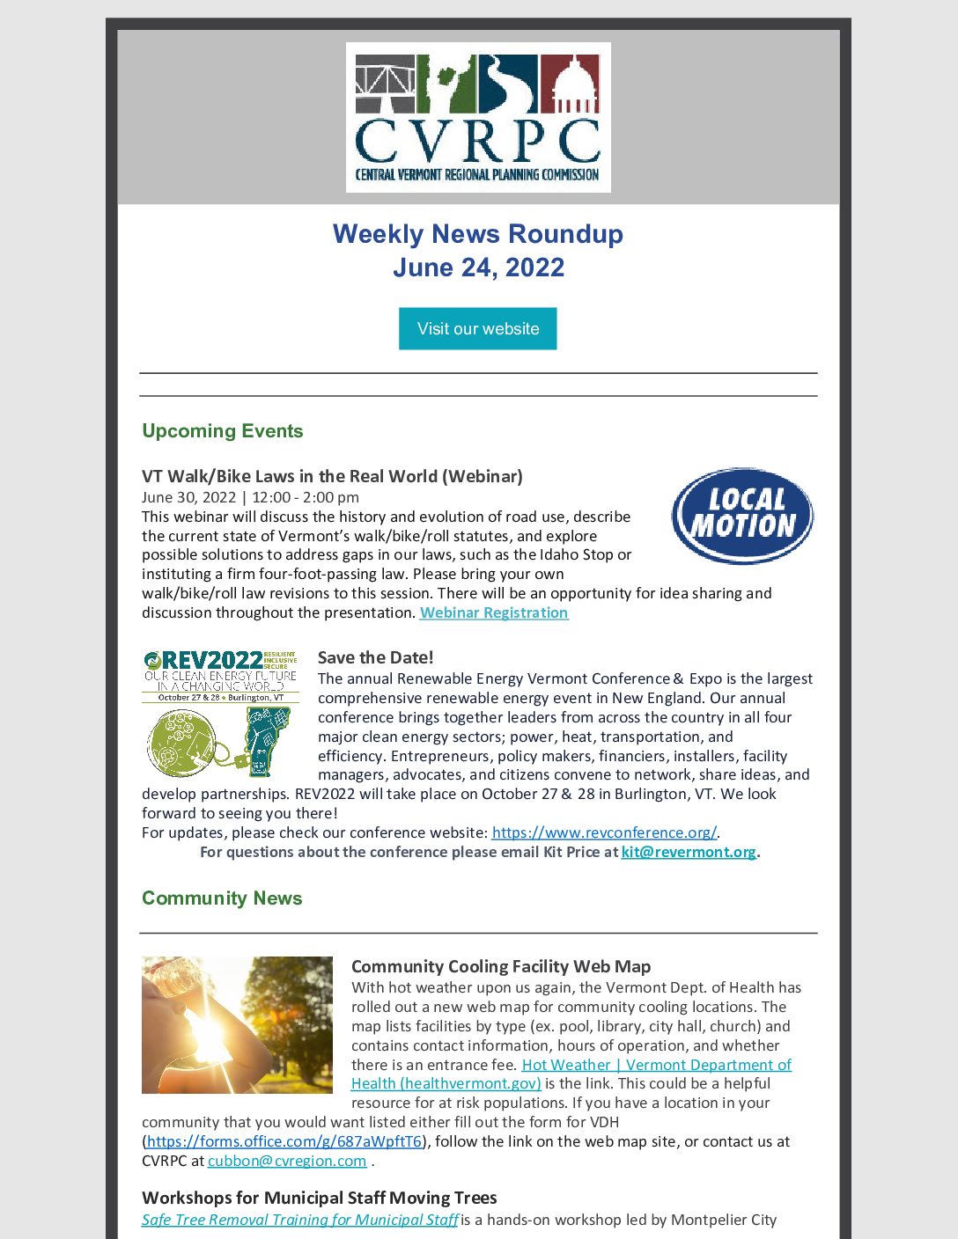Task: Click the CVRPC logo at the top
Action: pyautogui.click(x=478, y=117)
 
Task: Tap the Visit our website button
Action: pyautogui.click(x=478, y=329)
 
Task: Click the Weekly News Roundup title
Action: pyautogui.click(x=478, y=234)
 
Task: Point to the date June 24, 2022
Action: pyautogui.click(x=478, y=268)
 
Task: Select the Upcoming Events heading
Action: pyautogui.click(x=223, y=431)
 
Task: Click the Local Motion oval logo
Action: pyautogui.click(x=742, y=516)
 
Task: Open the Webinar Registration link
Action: pyautogui.click(x=494, y=612)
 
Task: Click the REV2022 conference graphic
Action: pyautogui.click(x=221, y=713)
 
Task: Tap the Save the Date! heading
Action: pyautogui.click(x=375, y=657)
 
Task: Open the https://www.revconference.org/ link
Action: pyautogui.click(x=604, y=832)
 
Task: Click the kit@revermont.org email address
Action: pyautogui.click(x=689, y=852)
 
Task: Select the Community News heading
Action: pyautogui.click(x=222, y=898)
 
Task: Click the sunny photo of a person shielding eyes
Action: pyautogui.click(x=238, y=1025)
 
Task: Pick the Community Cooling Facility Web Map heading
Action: pyautogui.click(x=501, y=966)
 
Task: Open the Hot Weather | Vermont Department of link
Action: pyautogui.click(x=656, y=1065)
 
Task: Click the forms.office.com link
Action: pyautogui.click(x=284, y=1141)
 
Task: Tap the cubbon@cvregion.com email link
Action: pyautogui.click(x=287, y=1161)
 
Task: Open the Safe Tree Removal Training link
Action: pyautogui.click(x=300, y=1220)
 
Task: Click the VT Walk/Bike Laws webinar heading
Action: pyautogui.click(x=332, y=476)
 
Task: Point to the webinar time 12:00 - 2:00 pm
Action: pyautogui.click(x=306, y=497)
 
